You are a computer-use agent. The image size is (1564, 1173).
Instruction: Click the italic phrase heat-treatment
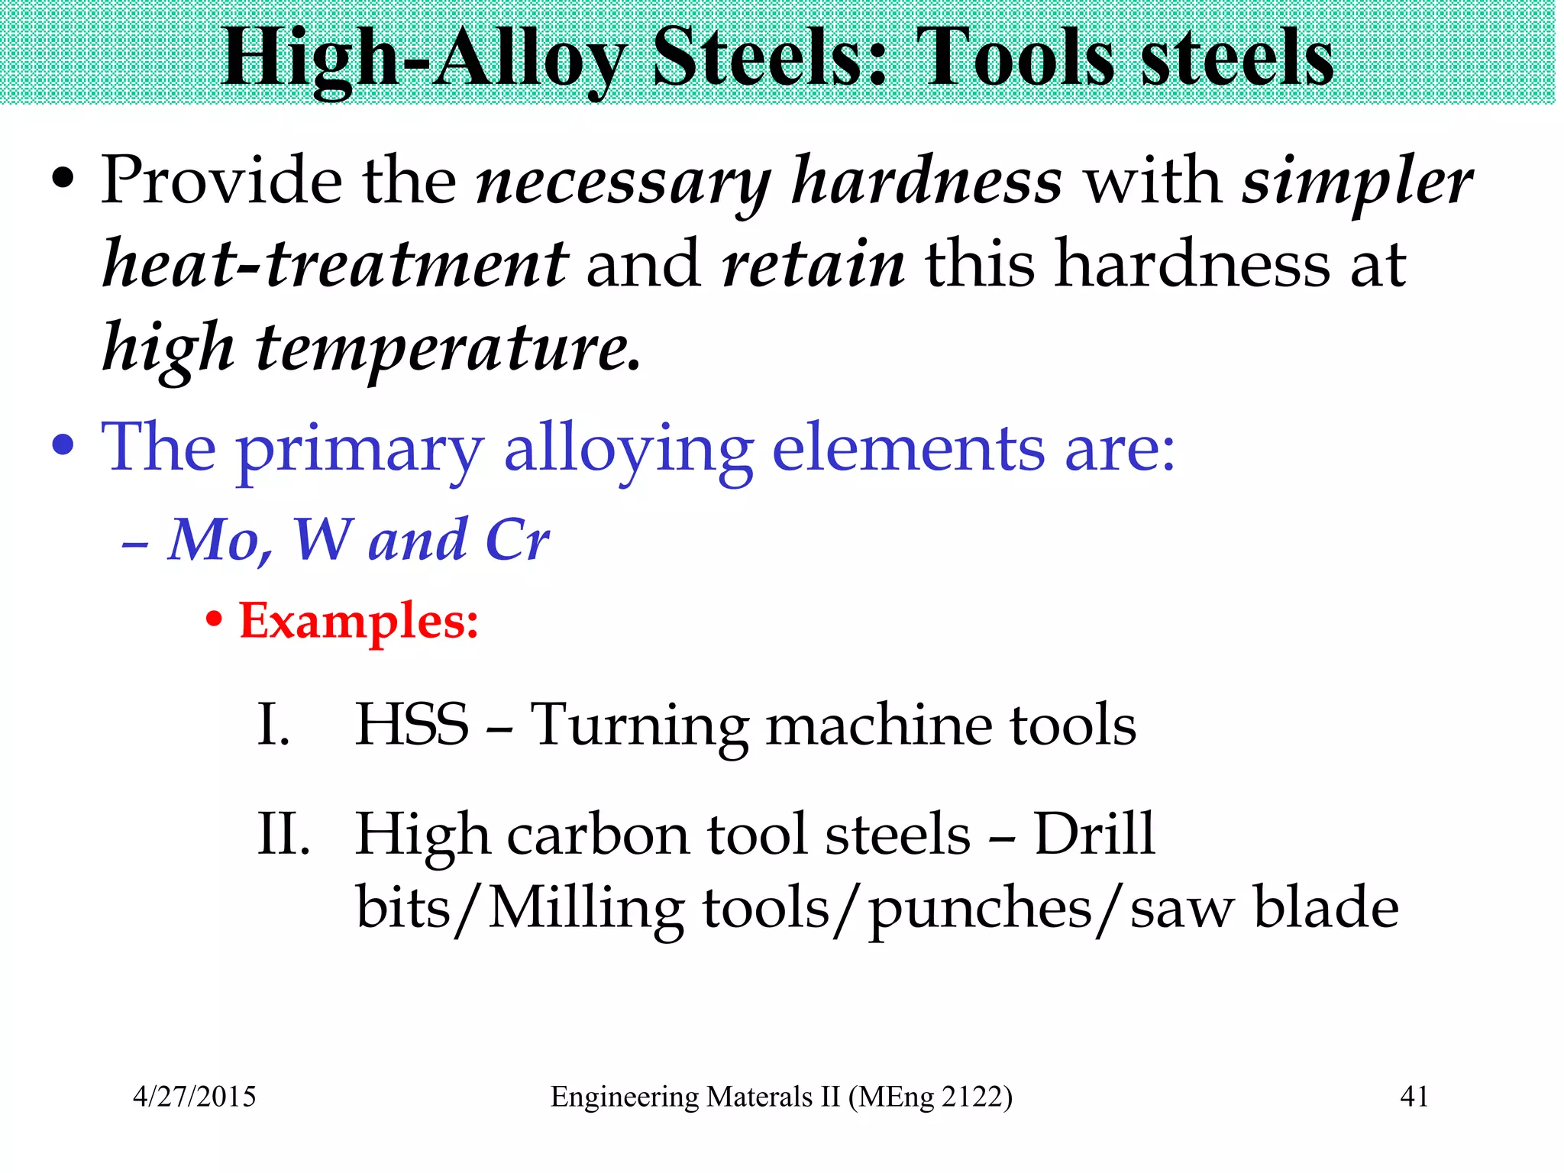click(335, 263)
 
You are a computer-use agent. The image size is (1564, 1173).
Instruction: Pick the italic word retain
click(813, 263)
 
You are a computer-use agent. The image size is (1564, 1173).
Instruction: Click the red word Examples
click(357, 620)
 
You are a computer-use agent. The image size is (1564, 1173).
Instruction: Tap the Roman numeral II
click(283, 834)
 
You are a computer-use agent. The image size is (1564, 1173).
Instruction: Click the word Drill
click(1094, 834)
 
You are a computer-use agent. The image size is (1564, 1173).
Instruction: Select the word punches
click(981, 909)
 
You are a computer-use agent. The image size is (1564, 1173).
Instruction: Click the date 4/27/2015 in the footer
click(195, 1097)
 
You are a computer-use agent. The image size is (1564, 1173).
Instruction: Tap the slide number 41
click(1414, 1097)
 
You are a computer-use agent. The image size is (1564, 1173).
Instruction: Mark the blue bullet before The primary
click(63, 446)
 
